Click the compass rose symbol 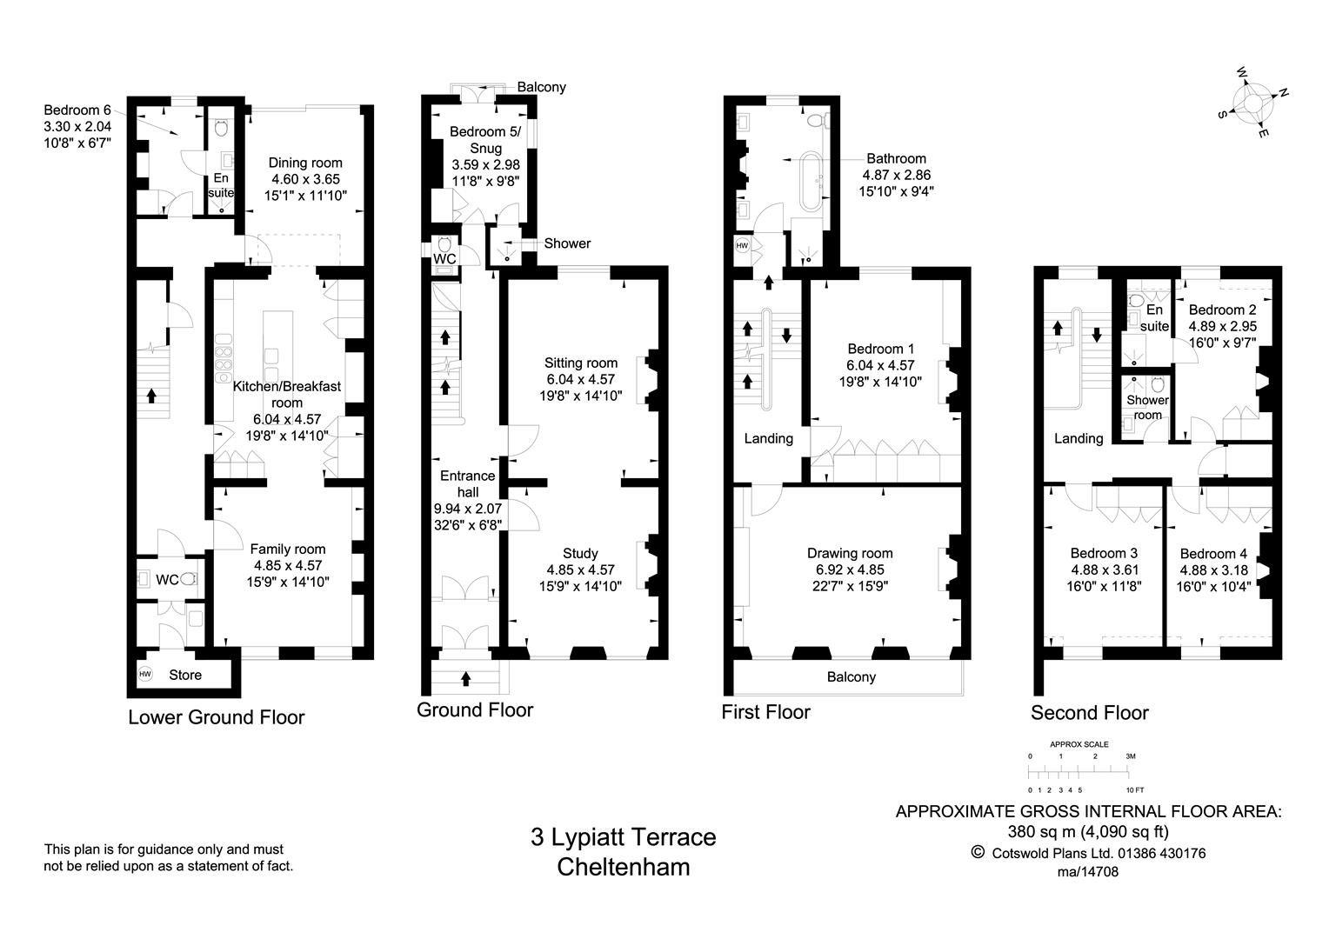[1252, 103]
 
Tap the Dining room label [305, 163]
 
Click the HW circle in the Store [145, 674]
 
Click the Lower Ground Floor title [216, 717]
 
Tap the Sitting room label [580, 363]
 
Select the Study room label [580, 553]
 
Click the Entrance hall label [467, 483]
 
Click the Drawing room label [849, 553]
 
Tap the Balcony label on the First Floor [851, 676]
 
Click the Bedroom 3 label [1103, 553]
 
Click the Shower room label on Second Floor [1147, 408]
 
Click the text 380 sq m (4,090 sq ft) [1087, 830]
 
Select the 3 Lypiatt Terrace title [623, 837]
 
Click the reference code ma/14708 [1087, 871]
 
